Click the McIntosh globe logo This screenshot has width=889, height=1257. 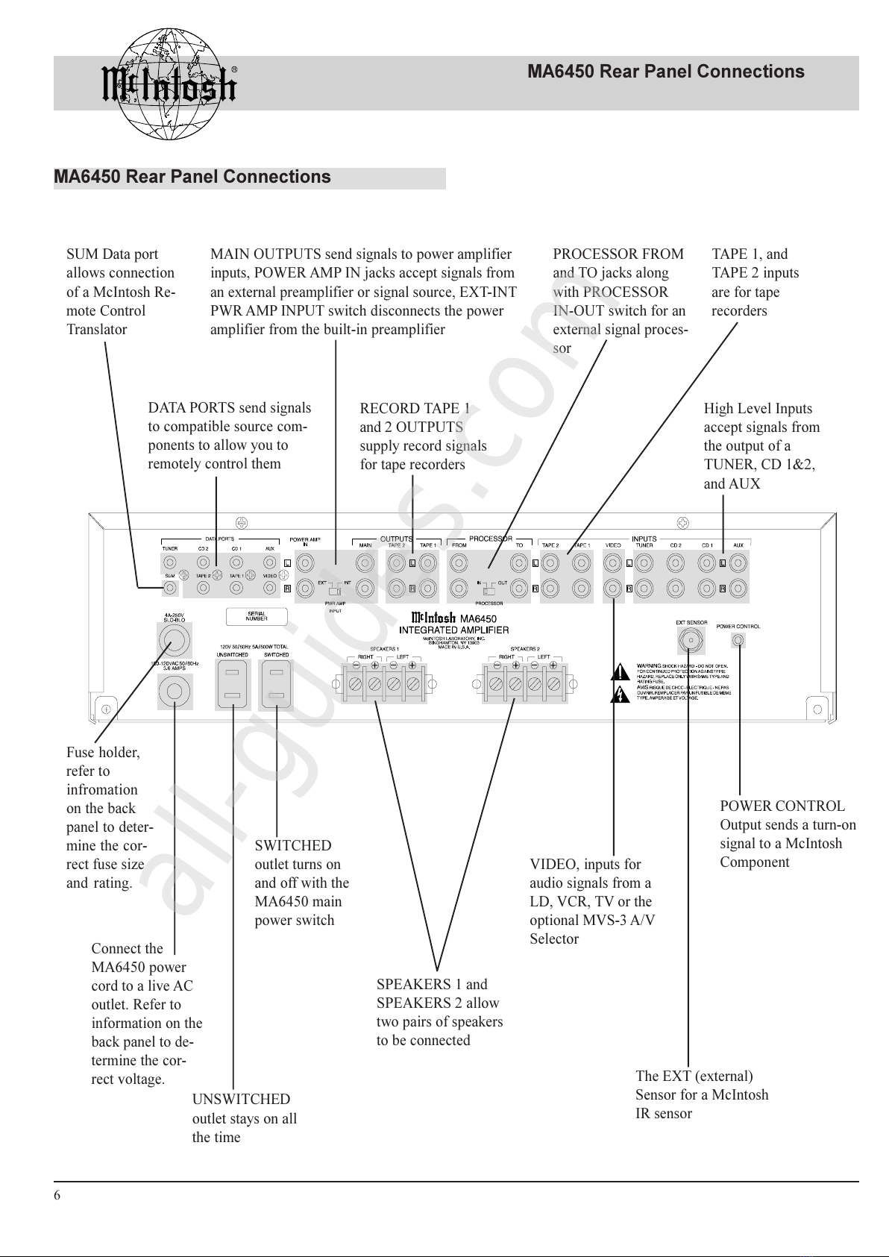[x=168, y=84]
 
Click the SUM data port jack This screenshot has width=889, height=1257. [x=170, y=589]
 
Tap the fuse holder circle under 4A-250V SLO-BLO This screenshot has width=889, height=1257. [x=174, y=640]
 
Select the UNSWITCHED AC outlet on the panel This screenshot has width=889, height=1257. [x=233, y=684]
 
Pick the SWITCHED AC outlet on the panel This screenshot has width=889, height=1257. [x=276, y=684]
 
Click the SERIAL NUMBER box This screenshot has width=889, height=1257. [x=256, y=617]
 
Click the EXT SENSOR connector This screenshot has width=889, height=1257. [x=689, y=640]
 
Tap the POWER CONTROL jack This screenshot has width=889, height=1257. [x=738, y=640]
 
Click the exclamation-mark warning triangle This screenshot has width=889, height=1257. [x=620, y=674]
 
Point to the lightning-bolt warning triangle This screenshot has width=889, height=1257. [x=620, y=696]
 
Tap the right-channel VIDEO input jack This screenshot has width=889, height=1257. [x=613, y=589]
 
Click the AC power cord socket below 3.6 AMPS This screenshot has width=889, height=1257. [x=174, y=692]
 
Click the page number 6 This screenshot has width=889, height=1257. [x=57, y=1195]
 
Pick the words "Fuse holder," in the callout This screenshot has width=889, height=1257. [x=103, y=752]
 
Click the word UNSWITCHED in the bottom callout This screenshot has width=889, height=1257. [x=241, y=1099]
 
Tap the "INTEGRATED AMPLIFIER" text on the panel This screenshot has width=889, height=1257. [x=453, y=630]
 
